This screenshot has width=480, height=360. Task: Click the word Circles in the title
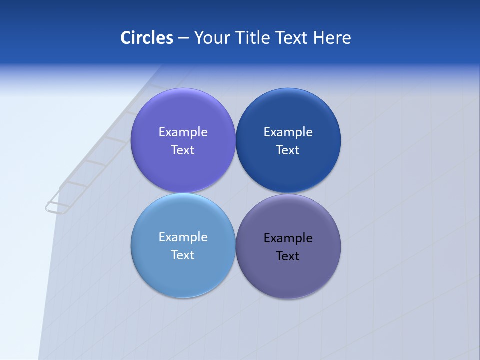(147, 38)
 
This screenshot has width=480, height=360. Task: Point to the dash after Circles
(183, 38)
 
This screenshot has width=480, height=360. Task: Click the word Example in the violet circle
(183, 132)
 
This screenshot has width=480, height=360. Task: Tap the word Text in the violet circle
(183, 150)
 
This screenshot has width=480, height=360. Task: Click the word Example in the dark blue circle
(288, 132)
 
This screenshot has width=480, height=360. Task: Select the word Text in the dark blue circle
(288, 150)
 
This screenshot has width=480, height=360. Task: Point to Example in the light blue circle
(183, 237)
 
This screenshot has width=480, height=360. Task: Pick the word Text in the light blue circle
(183, 255)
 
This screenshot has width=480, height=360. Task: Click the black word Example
(288, 238)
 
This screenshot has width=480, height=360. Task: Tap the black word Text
(288, 256)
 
